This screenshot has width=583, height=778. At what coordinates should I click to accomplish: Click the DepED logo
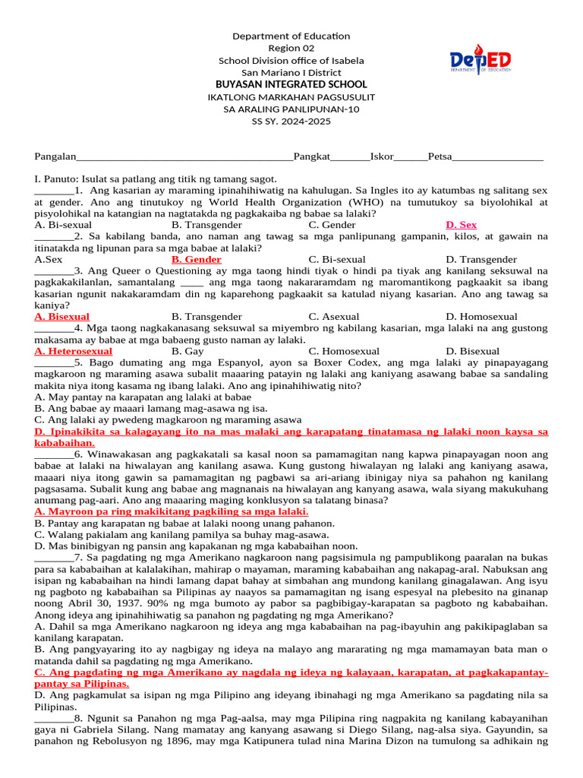[479, 60]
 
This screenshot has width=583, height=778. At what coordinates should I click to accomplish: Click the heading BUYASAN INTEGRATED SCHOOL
[291, 84]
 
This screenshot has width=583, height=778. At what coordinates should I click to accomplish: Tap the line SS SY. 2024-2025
[291, 121]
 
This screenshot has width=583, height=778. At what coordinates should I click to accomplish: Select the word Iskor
[382, 157]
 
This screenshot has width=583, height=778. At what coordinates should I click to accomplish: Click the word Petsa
[440, 157]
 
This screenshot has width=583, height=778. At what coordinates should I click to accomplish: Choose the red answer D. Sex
[461, 225]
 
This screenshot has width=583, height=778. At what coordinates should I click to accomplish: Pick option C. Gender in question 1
[332, 225]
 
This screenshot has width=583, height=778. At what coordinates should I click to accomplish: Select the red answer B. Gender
[196, 259]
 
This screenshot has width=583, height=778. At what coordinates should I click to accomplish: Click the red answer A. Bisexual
[62, 316]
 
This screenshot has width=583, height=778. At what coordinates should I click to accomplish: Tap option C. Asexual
[334, 316]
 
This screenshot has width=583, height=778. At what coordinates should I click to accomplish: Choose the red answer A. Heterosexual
[74, 351]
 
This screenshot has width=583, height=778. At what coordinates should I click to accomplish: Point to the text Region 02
[291, 48]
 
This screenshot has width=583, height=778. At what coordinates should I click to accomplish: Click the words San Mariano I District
[291, 72]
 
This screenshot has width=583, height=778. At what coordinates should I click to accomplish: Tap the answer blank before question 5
[54, 362]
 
